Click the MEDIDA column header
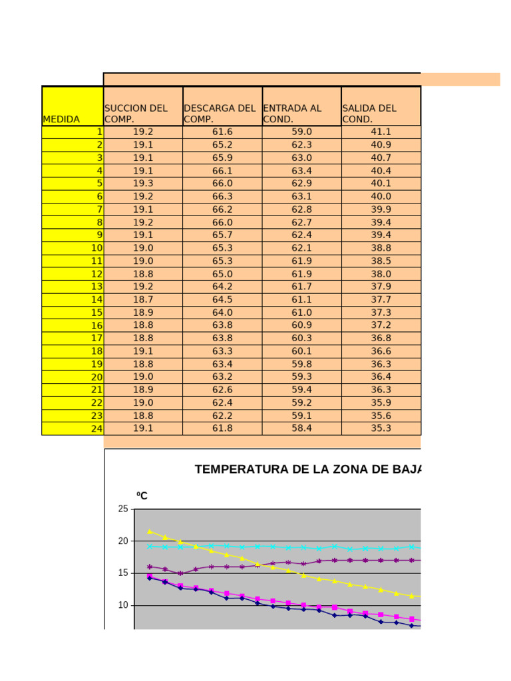coord(61,120)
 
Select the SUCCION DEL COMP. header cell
coord(136,113)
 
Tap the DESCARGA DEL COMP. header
coord(220,113)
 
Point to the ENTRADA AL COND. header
coord(293,113)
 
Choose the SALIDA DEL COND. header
coord(369,113)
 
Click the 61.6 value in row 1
coord(222,132)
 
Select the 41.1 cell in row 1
coord(381,132)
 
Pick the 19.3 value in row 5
coord(143,183)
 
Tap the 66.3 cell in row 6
coord(222,196)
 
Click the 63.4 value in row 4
coord(302,170)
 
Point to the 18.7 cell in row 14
coord(143,299)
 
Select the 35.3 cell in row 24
coord(381,428)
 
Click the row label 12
coord(97,274)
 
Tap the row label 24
coord(97,429)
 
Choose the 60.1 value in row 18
coord(302,351)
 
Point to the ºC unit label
coord(142,496)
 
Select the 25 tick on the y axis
coord(123,509)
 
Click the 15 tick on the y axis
coord(123,573)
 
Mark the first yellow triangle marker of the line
coord(150,531)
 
